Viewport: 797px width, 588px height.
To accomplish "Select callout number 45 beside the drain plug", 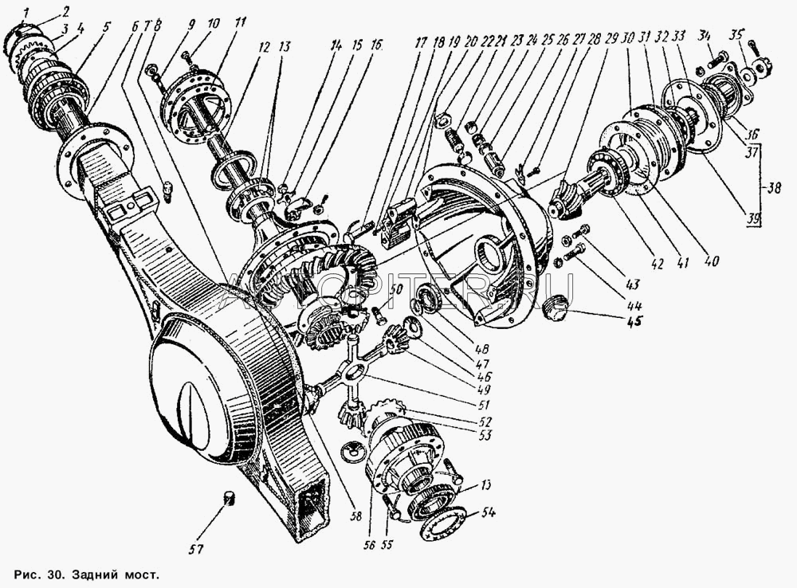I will click(x=634, y=323).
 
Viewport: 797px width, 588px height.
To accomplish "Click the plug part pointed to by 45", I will click(x=556, y=307).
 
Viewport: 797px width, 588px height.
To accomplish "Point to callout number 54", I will click(x=485, y=513).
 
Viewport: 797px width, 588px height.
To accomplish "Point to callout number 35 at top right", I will click(x=737, y=33).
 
